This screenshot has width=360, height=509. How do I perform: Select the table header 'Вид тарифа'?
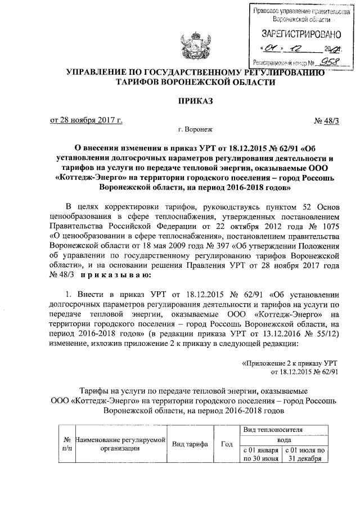click(190, 444)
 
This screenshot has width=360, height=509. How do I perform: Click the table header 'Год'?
click(227, 444)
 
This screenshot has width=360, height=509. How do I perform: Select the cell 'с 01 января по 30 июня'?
click(260, 454)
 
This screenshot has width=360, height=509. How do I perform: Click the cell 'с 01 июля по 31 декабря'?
click(305, 454)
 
